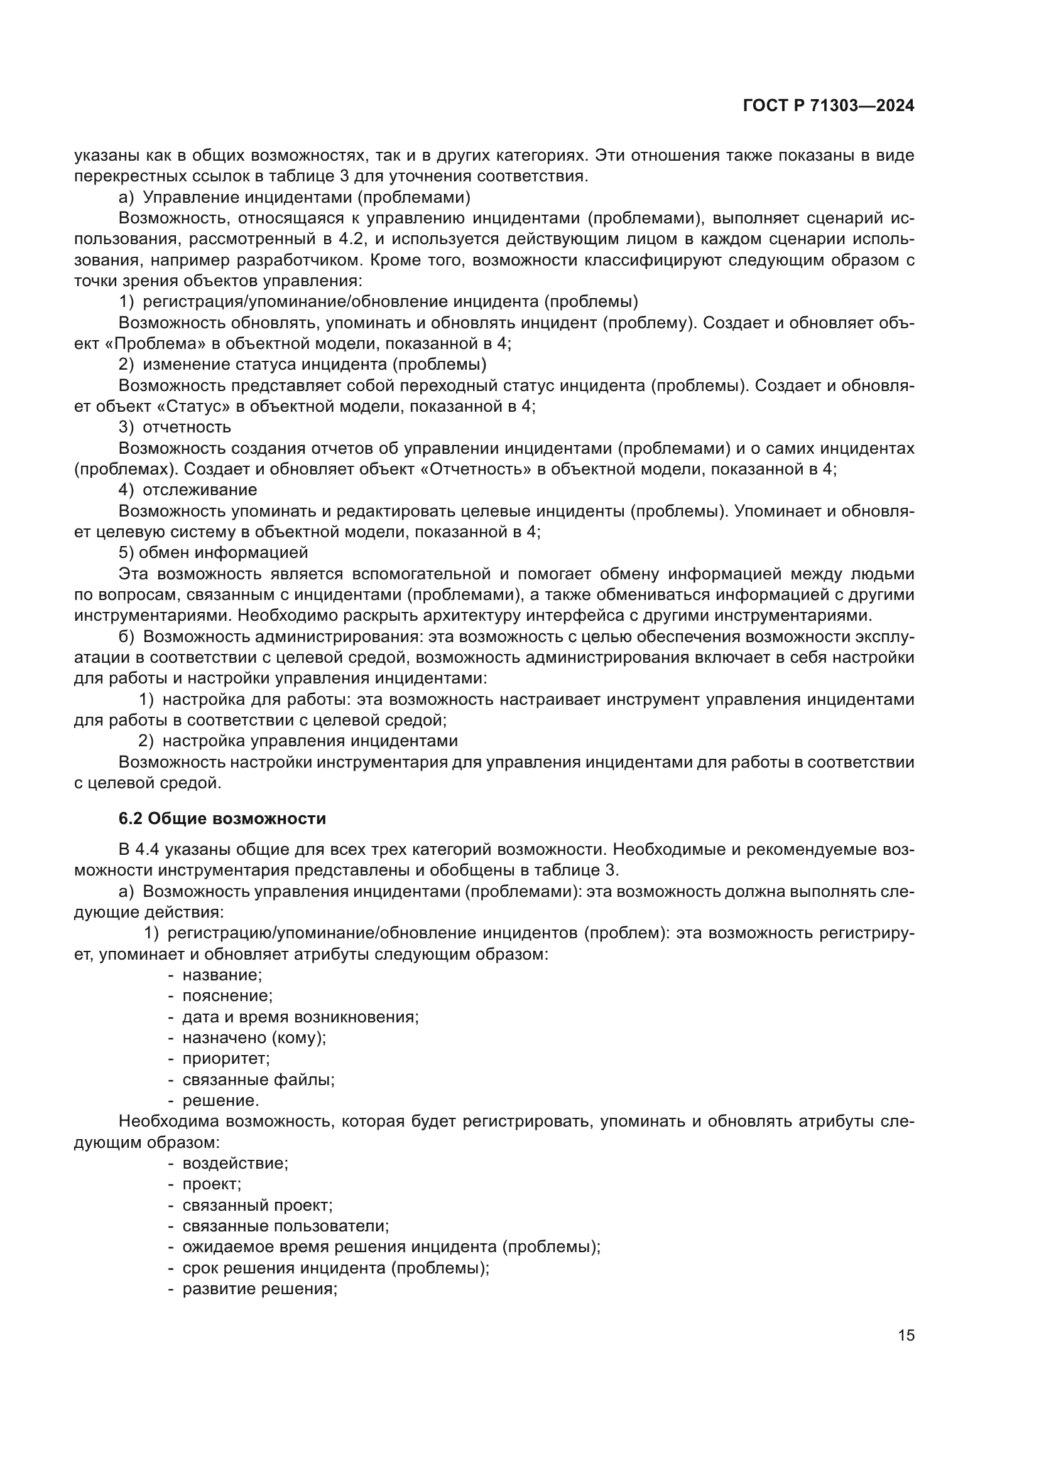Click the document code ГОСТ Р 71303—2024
point(829,106)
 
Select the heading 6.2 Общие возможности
point(222,818)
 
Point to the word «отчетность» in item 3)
point(187,426)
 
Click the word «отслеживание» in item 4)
point(200,490)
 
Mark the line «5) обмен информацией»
point(214,552)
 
